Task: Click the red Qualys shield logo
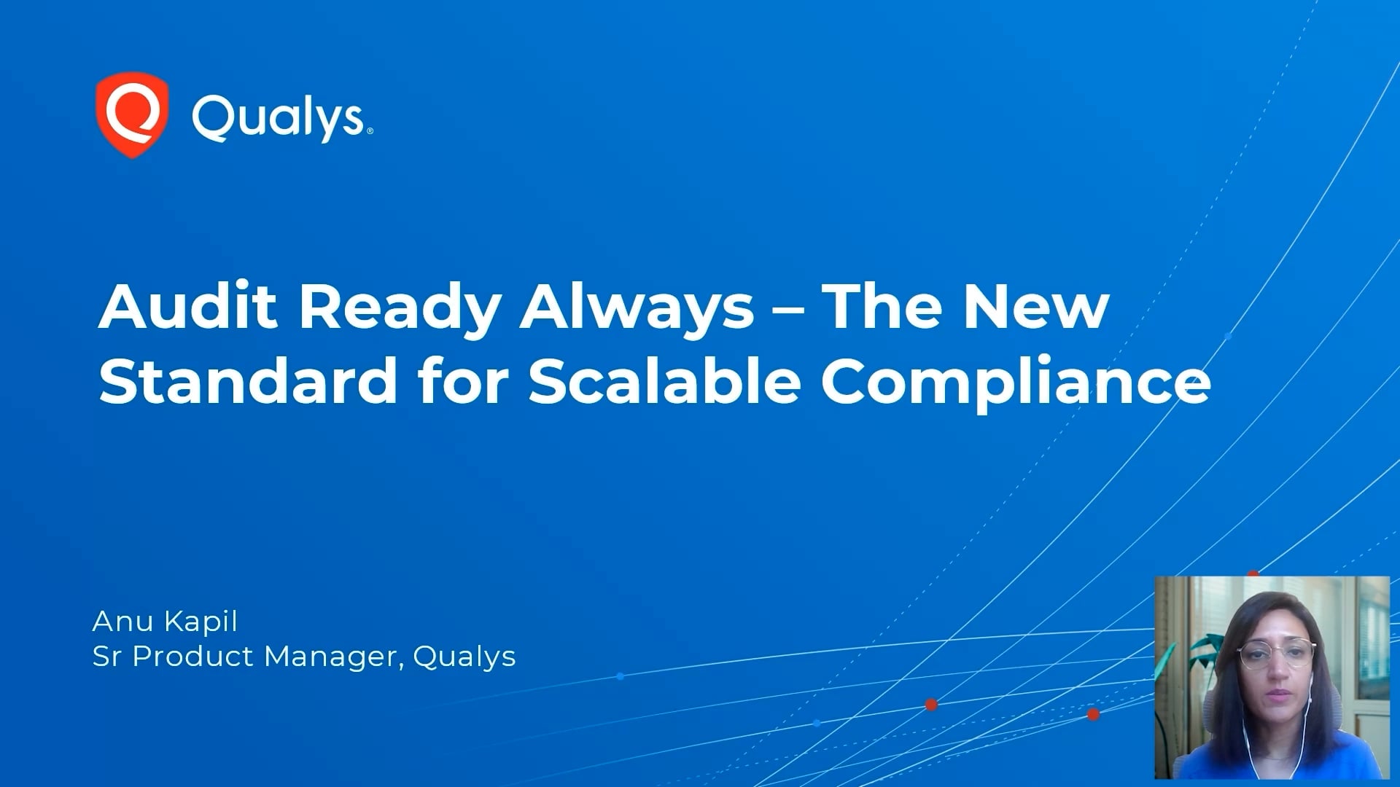pyautogui.click(x=132, y=114)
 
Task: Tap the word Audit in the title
pyautogui.click(x=187, y=306)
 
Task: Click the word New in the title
pyautogui.click(x=1035, y=306)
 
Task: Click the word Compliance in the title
pyautogui.click(x=1016, y=382)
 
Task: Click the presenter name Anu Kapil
pyautogui.click(x=165, y=622)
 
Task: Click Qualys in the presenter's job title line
pyautogui.click(x=464, y=657)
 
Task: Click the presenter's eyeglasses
pyautogui.click(x=1277, y=653)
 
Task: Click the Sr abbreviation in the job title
pyautogui.click(x=106, y=657)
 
